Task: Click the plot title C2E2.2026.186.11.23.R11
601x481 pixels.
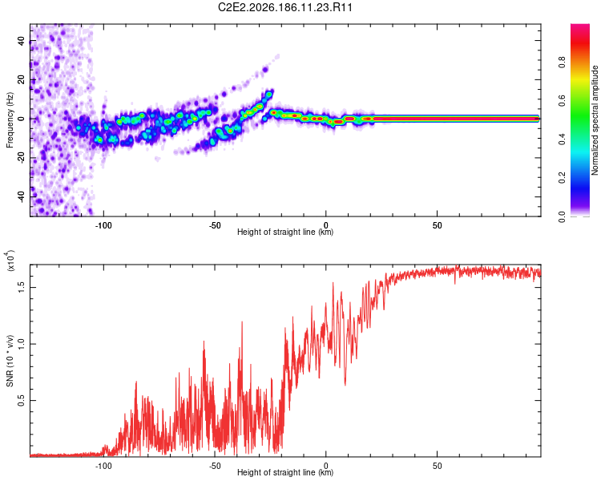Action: point(284,7)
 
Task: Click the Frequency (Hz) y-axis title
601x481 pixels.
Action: point(10,120)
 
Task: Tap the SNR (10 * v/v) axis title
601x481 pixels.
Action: point(10,361)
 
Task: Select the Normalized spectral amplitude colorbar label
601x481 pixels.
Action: point(595,120)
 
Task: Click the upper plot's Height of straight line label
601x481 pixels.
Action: point(285,232)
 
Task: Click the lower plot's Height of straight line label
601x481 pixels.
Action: point(285,472)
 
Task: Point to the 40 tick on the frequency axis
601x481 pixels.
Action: point(22,41)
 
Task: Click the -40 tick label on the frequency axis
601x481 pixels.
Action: point(22,197)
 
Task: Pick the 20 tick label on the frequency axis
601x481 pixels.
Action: point(22,80)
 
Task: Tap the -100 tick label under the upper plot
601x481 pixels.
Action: point(103,225)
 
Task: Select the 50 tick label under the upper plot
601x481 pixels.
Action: point(438,225)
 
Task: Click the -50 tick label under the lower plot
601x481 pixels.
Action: point(215,466)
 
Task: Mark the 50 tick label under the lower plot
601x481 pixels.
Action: point(438,466)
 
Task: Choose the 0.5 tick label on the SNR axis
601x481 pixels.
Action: point(22,401)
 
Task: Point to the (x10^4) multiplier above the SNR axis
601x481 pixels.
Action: point(10,261)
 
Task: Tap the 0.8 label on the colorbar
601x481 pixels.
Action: point(562,63)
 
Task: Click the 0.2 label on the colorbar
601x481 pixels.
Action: point(562,178)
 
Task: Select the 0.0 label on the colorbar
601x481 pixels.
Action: point(562,216)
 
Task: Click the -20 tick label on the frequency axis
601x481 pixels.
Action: point(22,158)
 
